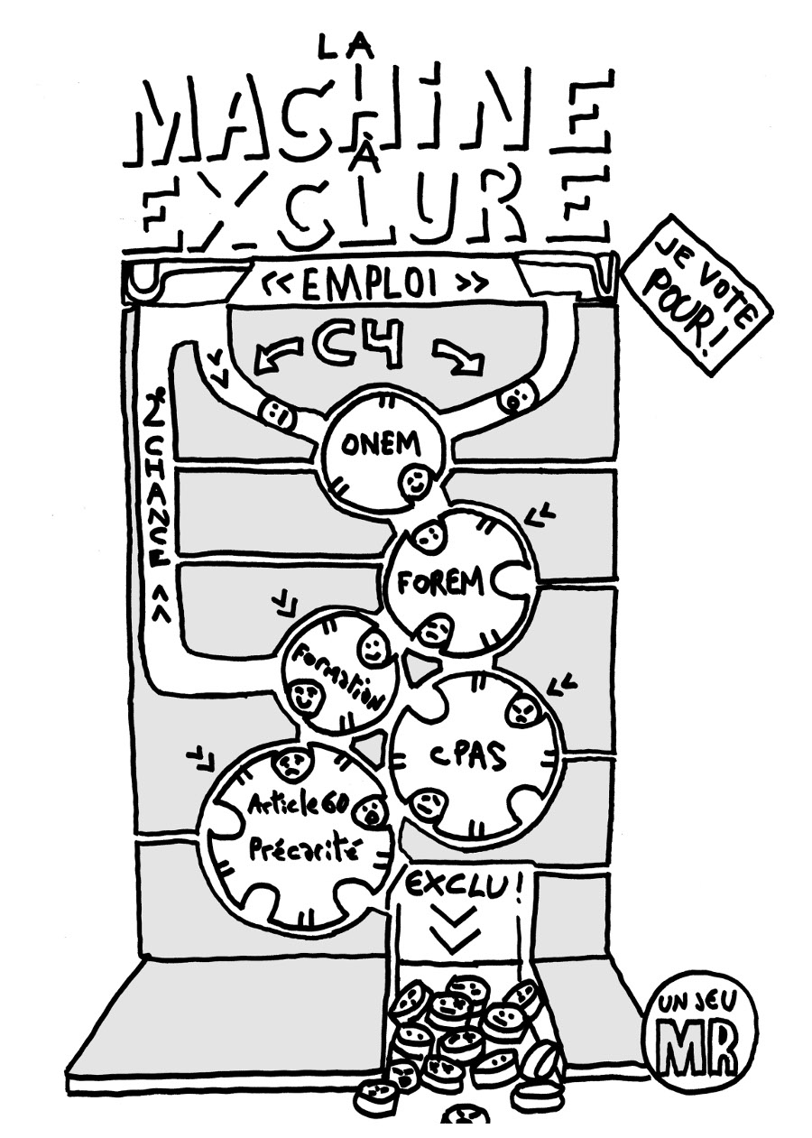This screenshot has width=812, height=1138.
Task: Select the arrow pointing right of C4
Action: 458,358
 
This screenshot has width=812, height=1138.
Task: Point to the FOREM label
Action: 441,585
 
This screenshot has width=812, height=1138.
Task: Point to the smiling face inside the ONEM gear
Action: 415,482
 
